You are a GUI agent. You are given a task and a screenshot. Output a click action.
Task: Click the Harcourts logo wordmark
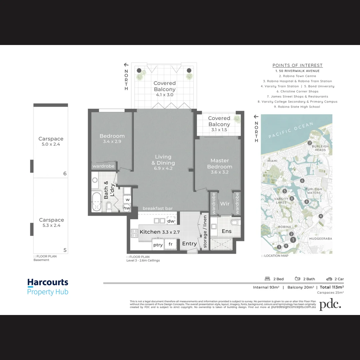tap(48, 283)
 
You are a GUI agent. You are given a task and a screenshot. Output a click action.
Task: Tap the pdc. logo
tap(330, 304)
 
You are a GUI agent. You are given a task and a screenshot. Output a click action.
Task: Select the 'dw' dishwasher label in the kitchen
tap(171, 221)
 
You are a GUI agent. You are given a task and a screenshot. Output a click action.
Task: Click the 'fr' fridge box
tap(170, 244)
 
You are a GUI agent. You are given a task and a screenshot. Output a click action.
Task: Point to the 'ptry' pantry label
tap(158, 245)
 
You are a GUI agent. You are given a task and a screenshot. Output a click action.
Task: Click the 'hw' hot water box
tap(127, 208)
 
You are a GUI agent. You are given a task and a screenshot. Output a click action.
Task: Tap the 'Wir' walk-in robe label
tap(225, 203)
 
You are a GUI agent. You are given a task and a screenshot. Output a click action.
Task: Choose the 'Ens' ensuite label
tap(226, 231)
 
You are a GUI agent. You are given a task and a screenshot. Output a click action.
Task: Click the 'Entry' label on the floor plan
tap(189, 244)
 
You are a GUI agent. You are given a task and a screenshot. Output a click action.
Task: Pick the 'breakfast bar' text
tap(158, 208)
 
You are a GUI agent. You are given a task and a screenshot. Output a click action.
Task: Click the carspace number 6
tap(65, 173)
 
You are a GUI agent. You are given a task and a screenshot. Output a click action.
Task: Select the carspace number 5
tap(65, 250)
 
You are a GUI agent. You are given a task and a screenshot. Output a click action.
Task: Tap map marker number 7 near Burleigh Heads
tap(310, 143)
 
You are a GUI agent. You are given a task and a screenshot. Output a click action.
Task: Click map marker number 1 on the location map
tap(293, 240)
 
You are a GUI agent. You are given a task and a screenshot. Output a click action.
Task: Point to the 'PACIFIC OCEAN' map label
tap(291, 130)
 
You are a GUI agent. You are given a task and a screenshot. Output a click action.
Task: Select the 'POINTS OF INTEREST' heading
tap(297, 65)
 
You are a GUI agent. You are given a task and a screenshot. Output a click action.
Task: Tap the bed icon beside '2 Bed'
tap(267, 279)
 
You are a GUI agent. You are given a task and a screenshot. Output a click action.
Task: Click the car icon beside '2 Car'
tap(329, 279)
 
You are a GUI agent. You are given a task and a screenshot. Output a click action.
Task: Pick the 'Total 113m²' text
tap(332, 287)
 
